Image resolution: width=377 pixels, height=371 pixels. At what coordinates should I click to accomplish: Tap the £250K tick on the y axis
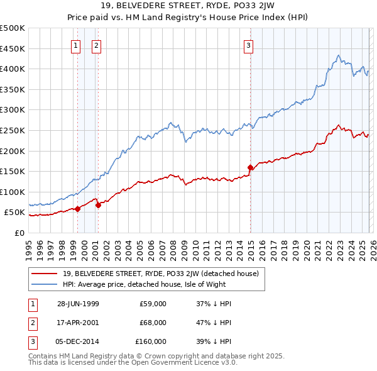tap(13, 130)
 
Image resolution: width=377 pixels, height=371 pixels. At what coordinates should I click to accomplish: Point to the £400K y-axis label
tap(13, 69)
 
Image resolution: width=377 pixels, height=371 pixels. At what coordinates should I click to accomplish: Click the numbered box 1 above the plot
tap(75, 45)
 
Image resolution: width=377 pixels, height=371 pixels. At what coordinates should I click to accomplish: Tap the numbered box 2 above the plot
tap(96, 45)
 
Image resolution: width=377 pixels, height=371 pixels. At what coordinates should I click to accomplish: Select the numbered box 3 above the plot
tap(248, 45)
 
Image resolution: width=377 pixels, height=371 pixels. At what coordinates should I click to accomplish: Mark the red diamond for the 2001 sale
tap(98, 205)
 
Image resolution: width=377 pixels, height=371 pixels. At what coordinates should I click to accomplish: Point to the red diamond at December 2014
tap(250, 167)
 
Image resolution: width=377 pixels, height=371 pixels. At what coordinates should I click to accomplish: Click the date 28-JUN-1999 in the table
tap(78, 304)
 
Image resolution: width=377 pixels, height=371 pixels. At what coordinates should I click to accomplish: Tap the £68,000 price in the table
tap(153, 323)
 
